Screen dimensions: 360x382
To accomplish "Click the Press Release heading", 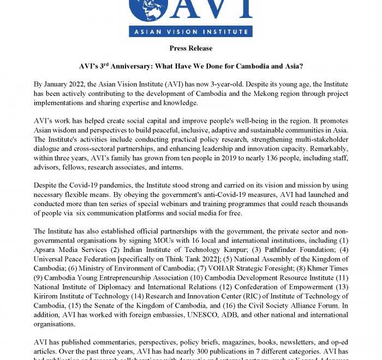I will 191,49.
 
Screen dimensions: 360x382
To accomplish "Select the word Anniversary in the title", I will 134,67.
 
